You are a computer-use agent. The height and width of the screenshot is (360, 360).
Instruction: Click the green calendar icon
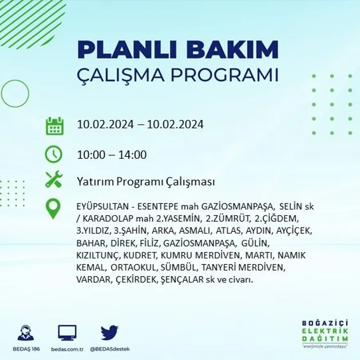click(x=54, y=126)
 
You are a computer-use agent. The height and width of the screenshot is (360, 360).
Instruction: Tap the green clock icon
click(x=54, y=155)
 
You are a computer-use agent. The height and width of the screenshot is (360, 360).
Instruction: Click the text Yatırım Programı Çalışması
click(x=146, y=182)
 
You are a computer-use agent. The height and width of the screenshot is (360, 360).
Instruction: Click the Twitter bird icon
click(x=109, y=333)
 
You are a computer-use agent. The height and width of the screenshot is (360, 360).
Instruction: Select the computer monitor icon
click(x=67, y=333)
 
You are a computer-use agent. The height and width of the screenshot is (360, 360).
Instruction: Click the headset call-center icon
click(x=26, y=333)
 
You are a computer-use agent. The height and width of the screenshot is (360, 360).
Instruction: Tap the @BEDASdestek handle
click(x=109, y=349)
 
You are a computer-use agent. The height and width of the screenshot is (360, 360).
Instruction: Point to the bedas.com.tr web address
click(x=67, y=349)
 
